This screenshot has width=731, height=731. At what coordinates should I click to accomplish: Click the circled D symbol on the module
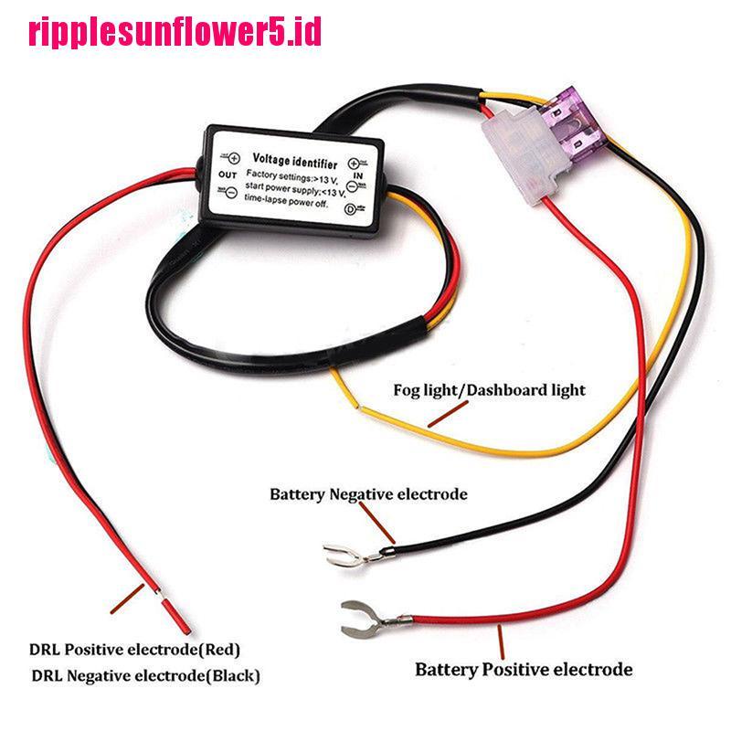350,209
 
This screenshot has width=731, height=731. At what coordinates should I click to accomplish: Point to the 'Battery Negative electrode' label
368,494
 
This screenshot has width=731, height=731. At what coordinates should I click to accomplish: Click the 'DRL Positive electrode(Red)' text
135,651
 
